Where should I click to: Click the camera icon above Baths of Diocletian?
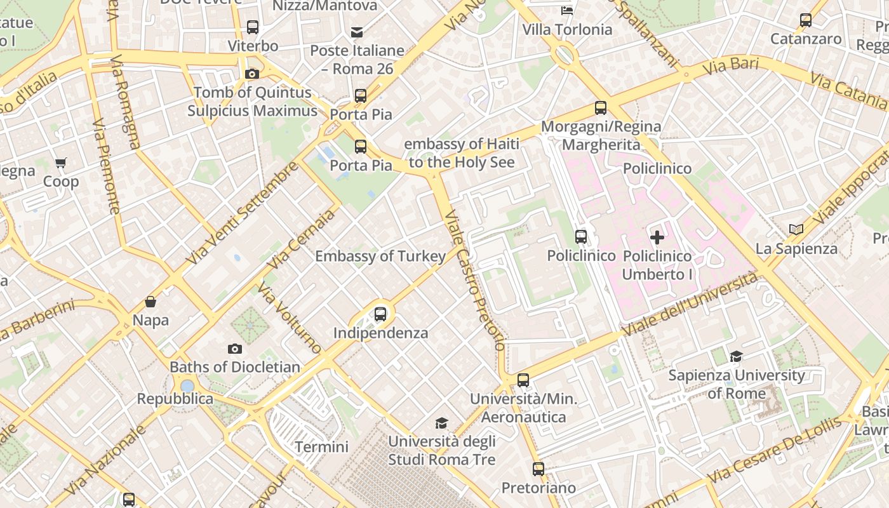pyautogui.click(x=235, y=349)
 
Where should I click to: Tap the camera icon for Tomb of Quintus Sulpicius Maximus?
pyautogui.click(x=252, y=74)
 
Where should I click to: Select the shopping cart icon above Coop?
pyautogui.click(x=61, y=163)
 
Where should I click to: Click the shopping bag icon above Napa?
pyautogui.click(x=150, y=302)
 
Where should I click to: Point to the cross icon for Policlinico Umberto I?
pyautogui.click(x=657, y=237)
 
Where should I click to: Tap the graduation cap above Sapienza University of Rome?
pyautogui.click(x=736, y=357)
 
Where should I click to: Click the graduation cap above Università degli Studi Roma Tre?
pyautogui.click(x=441, y=423)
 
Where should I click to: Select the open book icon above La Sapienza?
pyautogui.click(x=796, y=230)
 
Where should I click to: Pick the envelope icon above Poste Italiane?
pyautogui.click(x=357, y=32)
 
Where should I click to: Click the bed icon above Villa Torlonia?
pyautogui.click(x=567, y=11)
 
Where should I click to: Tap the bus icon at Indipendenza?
pyautogui.click(x=380, y=314)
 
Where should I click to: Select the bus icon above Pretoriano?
pyautogui.click(x=538, y=469)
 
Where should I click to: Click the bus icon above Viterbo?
pyautogui.click(x=253, y=27)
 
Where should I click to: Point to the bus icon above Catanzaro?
pyautogui.click(x=806, y=20)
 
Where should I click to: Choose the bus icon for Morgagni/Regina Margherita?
pyautogui.click(x=601, y=108)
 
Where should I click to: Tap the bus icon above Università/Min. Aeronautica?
pyautogui.click(x=523, y=380)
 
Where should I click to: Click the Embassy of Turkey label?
pyautogui.click(x=380, y=257)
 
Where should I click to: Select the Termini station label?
pyautogui.click(x=321, y=447)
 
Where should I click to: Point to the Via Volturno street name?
pyautogui.click(x=290, y=317)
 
